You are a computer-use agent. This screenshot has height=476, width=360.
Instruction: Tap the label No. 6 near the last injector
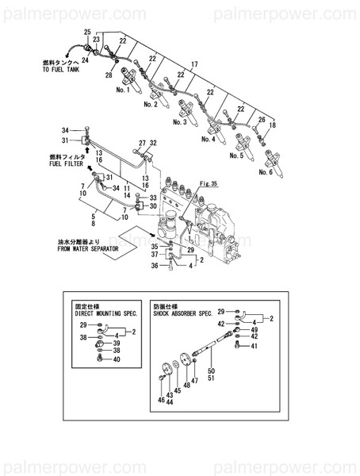pyautogui.click(x=266, y=171)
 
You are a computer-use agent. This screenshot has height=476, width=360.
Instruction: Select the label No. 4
pyautogui.click(x=209, y=140)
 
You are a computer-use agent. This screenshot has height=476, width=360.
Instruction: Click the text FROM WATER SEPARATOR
pyautogui.click(x=88, y=248)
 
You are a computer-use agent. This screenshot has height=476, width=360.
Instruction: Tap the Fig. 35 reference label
pyautogui.click(x=209, y=184)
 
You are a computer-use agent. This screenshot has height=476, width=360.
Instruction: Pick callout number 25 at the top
pyautogui.click(x=87, y=30)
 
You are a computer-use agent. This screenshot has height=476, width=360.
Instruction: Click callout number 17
pyautogui.click(x=193, y=63)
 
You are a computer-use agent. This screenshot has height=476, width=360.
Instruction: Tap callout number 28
pyautogui.click(x=109, y=75)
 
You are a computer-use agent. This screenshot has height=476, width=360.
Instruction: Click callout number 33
pyautogui.click(x=155, y=198)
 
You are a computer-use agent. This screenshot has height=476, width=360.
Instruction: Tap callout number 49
pyautogui.click(x=255, y=329)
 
